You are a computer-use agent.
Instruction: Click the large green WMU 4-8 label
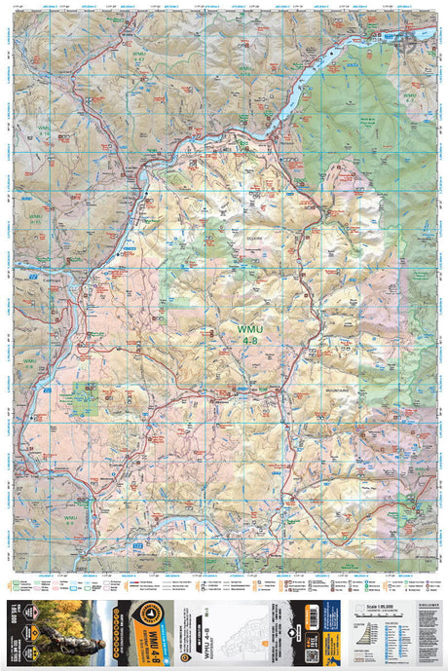[247, 335]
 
